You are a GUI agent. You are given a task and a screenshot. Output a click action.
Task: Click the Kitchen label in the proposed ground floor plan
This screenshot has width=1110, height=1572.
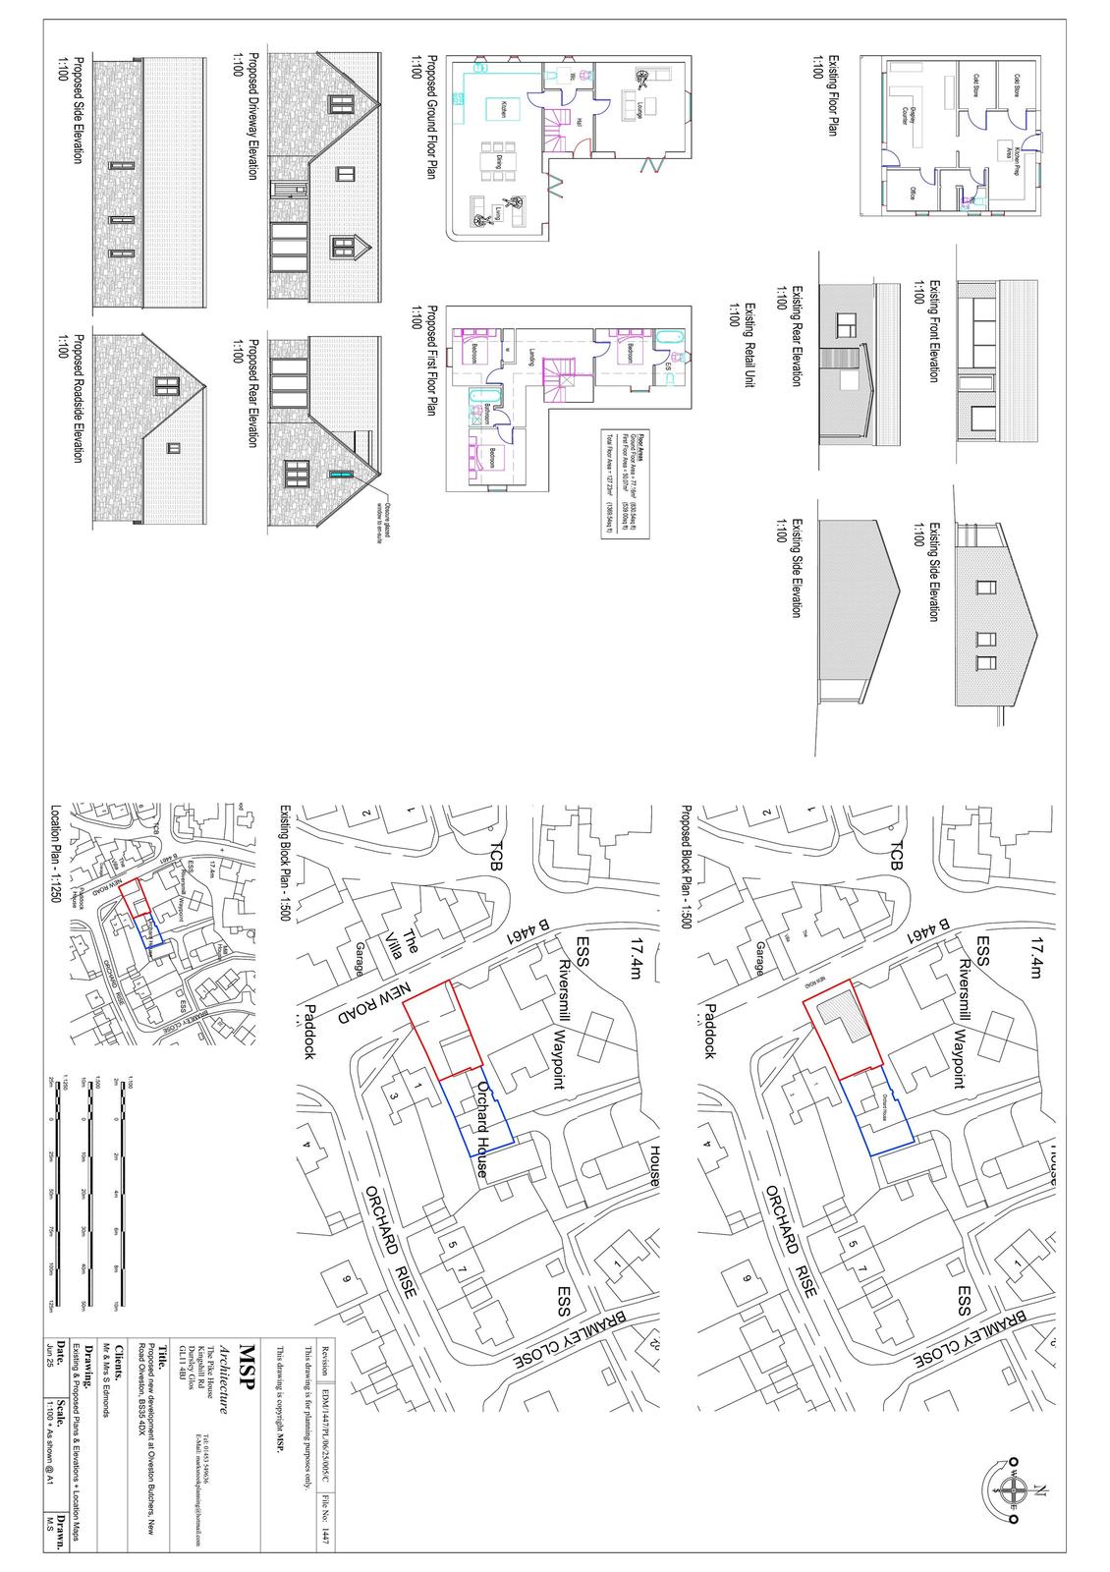502,109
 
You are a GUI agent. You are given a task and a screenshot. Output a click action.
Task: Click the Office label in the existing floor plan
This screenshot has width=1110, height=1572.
912,194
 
